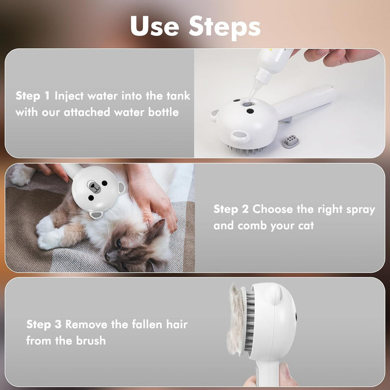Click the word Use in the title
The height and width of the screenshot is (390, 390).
(x=154, y=27)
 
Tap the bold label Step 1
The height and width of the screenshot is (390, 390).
(x=33, y=96)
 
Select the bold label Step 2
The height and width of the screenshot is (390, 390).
(x=231, y=209)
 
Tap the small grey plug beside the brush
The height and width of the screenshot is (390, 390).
(x=290, y=141)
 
